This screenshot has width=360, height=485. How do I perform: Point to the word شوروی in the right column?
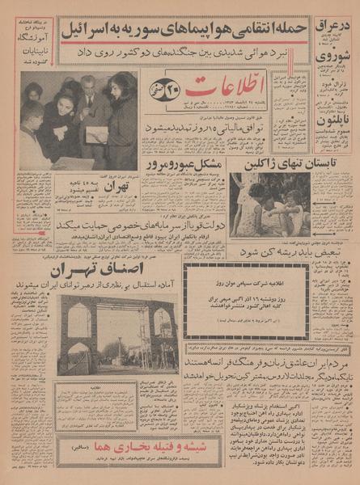coord(335,57)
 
